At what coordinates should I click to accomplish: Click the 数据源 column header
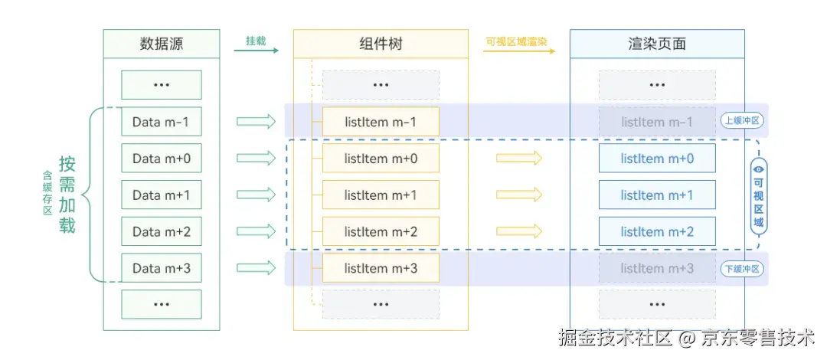(161, 44)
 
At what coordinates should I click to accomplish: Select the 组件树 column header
(381, 44)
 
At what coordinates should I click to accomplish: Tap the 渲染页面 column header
(656, 44)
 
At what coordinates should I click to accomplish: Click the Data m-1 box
(161, 122)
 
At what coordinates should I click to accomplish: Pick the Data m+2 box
(161, 231)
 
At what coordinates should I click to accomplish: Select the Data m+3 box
(161, 268)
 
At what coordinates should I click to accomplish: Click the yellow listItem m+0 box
(381, 159)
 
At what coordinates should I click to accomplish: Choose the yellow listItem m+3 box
(381, 268)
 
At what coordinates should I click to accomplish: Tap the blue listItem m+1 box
(656, 195)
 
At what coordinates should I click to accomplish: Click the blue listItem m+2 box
(656, 231)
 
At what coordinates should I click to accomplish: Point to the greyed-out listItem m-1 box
(656, 122)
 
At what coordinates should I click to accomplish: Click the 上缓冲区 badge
(743, 120)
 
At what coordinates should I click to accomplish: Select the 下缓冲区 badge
(743, 269)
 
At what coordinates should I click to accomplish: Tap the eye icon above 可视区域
(758, 169)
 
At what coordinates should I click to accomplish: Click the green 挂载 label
(256, 41)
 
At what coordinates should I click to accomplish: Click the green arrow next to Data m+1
(256, 195)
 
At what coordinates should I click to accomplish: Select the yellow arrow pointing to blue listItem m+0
(518, 158)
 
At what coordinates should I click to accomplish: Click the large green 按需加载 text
(67, 195)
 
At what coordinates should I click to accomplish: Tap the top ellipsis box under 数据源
(161, 85)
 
